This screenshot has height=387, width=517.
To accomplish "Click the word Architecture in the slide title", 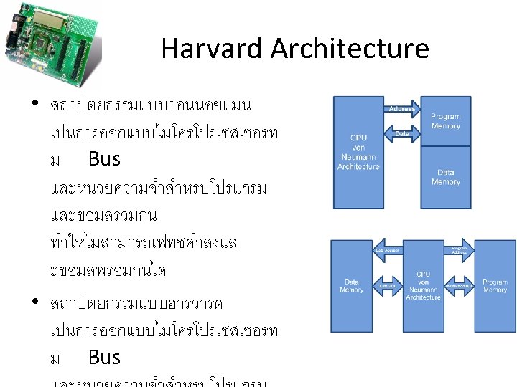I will (x=350, y=49).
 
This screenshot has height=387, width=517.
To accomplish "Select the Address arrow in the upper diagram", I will (x=401, y=109).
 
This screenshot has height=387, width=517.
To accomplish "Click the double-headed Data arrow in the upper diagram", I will (x=402, y=133).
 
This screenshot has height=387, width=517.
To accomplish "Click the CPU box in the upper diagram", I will (x=359, y=152).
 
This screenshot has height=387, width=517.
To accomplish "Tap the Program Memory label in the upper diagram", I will (x=445, y=121).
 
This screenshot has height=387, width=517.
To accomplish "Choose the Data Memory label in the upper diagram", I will (x=445, y=177).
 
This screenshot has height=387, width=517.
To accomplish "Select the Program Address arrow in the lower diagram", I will (x=458, y=250).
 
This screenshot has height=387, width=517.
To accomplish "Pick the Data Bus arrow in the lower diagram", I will (x=388, y=286).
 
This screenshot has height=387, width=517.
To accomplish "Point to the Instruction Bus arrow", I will (x=458, y=286).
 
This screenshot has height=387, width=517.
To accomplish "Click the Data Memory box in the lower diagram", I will (x=352, y=286).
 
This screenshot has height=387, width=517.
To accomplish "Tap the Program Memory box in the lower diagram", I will (x=495, y=286).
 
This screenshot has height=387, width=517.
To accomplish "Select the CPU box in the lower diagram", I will (x=423, y=286).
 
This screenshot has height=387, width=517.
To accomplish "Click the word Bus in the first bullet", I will (x=104, y=158).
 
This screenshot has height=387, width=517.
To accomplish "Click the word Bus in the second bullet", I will (x=104, y=356).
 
